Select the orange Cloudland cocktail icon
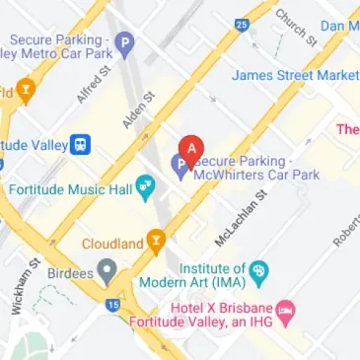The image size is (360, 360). [155, 239]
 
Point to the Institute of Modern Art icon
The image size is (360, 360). [258, 270]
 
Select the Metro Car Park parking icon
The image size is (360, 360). [123, 43]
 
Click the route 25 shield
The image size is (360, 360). [242, 24]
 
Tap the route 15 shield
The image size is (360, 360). [112, 307]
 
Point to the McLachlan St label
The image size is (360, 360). [242, 219]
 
